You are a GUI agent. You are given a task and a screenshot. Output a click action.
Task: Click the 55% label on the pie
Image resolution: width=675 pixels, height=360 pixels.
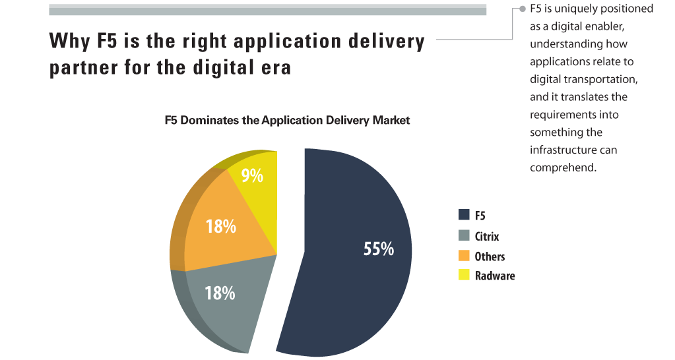tap(378, 249)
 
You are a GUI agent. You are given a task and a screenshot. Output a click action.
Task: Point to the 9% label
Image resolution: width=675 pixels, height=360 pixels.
tap(252, 175)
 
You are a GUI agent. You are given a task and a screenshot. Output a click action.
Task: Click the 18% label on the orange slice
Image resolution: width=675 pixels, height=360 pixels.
tap(221, 226)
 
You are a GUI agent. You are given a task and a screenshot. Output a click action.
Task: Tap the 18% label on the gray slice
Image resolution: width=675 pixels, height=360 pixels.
tap(220, 293)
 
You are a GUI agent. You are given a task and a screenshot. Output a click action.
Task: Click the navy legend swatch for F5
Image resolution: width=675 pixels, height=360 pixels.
tap(464, 215)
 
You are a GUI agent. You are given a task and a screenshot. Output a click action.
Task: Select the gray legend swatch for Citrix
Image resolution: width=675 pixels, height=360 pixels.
tap(464, 235)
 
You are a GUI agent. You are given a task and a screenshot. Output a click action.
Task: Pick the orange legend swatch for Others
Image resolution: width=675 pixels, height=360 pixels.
tap(464, 255)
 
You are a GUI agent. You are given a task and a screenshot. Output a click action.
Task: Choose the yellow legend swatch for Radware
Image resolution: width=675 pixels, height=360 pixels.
tap(464, 275)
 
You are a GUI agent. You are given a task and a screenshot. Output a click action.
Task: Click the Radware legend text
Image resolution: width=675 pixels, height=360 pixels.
tap(495, 276)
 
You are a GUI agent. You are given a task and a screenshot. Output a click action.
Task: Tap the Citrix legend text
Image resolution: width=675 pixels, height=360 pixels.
tap(487, 236)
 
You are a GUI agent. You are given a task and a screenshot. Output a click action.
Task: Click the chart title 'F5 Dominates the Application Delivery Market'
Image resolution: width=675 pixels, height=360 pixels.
tap(287, 120)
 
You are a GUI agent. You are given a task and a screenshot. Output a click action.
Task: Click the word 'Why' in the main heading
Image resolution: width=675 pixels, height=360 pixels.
tap(69, 42)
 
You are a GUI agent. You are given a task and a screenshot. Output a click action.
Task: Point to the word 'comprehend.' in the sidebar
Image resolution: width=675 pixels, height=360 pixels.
tap(563, 167)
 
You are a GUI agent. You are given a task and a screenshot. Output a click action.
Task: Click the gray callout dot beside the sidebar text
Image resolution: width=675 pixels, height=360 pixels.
tap(523, 9)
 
